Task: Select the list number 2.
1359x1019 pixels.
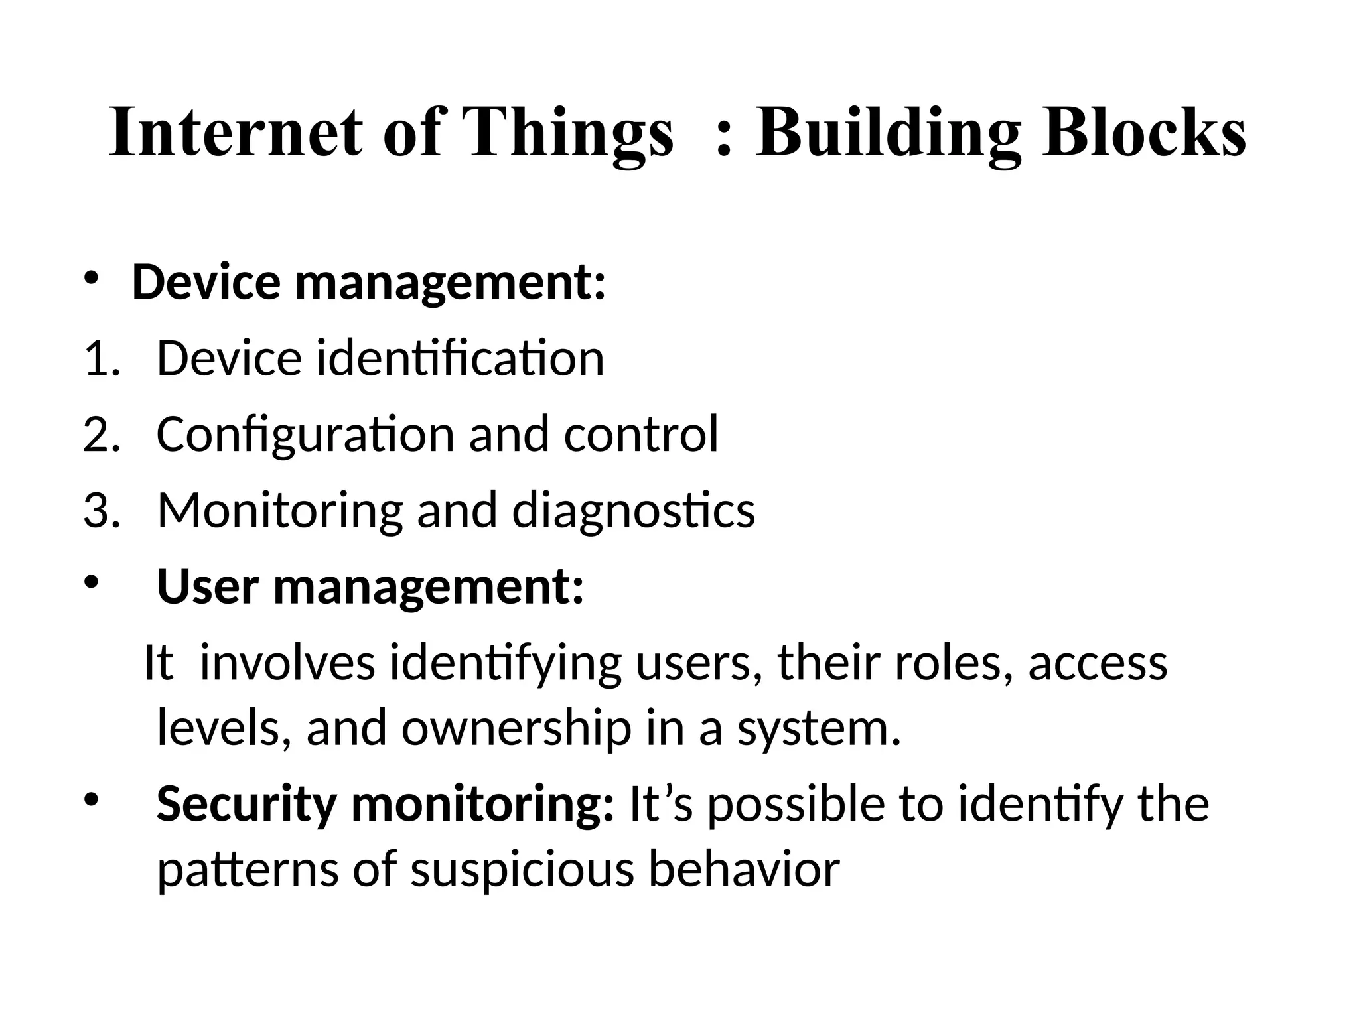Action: coord(100,435)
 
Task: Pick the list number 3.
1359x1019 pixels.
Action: coord(100,511)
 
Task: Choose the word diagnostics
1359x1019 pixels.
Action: coord(633,511)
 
